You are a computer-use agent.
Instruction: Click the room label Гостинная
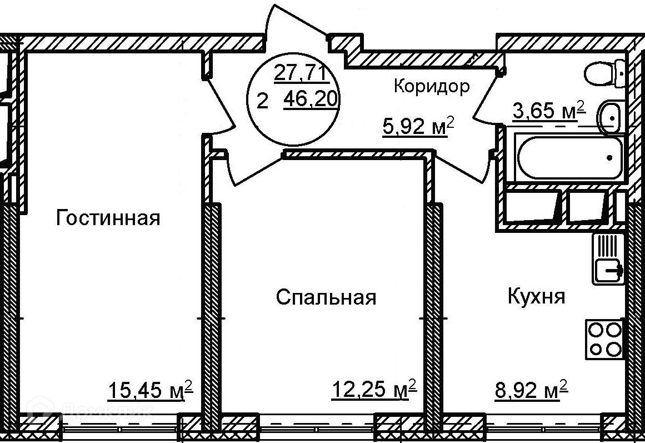[x=108, y=217]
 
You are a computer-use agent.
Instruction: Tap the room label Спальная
[x=326, y=297]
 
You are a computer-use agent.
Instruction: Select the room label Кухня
[x=537, y=296]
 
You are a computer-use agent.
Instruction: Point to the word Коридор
[x=432, y=87]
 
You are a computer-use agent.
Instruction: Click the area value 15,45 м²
[x=150, y=390]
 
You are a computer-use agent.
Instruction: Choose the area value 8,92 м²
[x=531, y=389]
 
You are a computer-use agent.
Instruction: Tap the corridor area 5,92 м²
[x=418, y=126]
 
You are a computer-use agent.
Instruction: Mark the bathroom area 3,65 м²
[x=549, y=111]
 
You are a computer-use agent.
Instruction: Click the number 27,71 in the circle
[x=300, y=74]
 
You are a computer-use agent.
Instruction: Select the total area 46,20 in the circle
[x=311, y=99]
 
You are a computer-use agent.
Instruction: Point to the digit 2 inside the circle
[x=262, y=101]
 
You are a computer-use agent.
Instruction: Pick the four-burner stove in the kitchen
[x=604, y=340]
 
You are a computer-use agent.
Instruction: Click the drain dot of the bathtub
[x=609, y=158]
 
